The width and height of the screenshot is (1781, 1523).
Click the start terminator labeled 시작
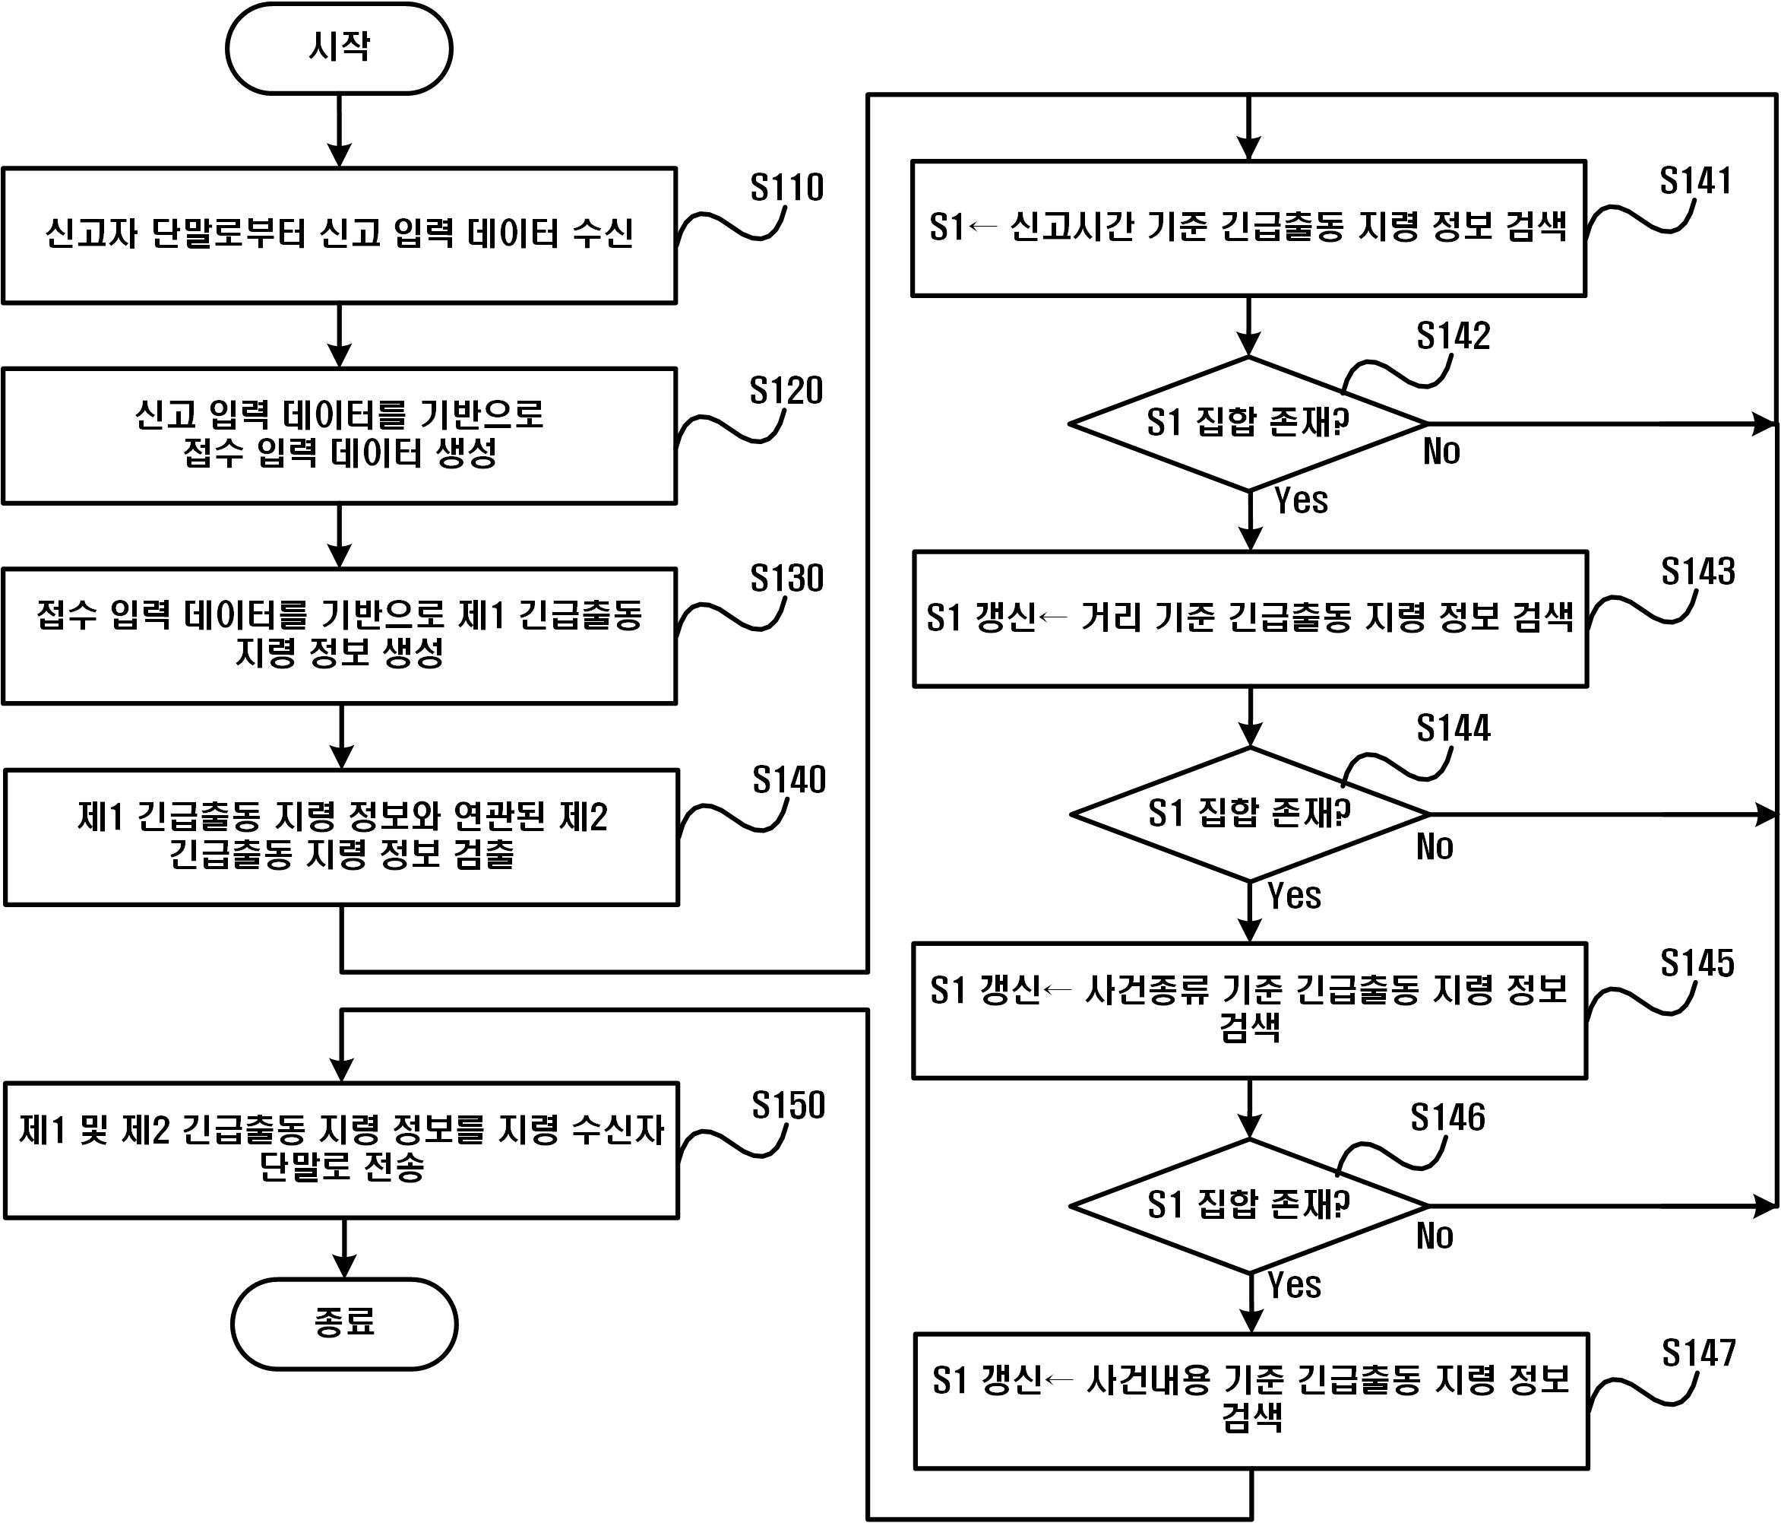click(x=339, y=48)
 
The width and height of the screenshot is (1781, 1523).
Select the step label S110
click(x=786, y=188)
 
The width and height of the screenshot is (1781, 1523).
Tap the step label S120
click(x=786, y=390)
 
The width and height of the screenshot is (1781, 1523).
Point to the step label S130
click(x=786, y=578)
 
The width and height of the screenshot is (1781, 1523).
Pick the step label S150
click(x=787, y=1105)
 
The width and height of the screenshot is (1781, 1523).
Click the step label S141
click(x=1694, y=181)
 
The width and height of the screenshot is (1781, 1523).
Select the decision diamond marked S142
click(x=1248, y=423)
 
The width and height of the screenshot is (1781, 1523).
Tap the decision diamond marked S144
click(x=1249, y=814)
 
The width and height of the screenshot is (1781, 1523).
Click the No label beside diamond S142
click(x=1441, y=452)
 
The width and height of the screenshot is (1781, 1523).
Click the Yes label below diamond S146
click(x=1294, y=1286)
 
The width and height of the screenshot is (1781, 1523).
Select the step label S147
click(x=1697, y=1353)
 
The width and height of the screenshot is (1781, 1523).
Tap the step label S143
click(x=1697, y=571)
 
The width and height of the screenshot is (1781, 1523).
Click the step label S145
click(x=1696, y=963)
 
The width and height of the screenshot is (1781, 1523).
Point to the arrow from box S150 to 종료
click(x=344, y=1248)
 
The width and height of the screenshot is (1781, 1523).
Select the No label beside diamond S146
click(x=1434, y=1236)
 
